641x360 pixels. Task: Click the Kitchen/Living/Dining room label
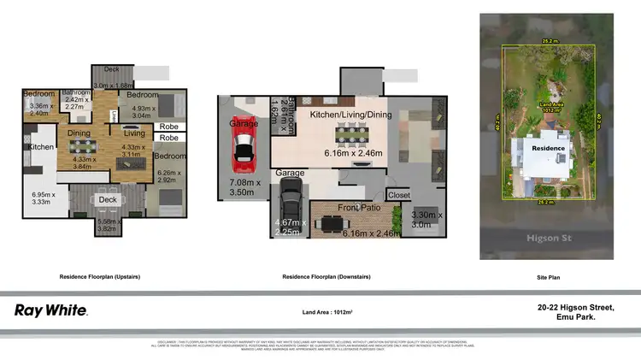(350, 114)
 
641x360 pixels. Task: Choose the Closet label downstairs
(398, 194)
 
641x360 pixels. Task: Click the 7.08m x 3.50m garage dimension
(248, 188)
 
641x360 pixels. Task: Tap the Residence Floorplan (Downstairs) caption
(326, 277)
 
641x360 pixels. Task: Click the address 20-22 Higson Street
(576, 307)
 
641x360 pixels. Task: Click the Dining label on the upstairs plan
(79, 133)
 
